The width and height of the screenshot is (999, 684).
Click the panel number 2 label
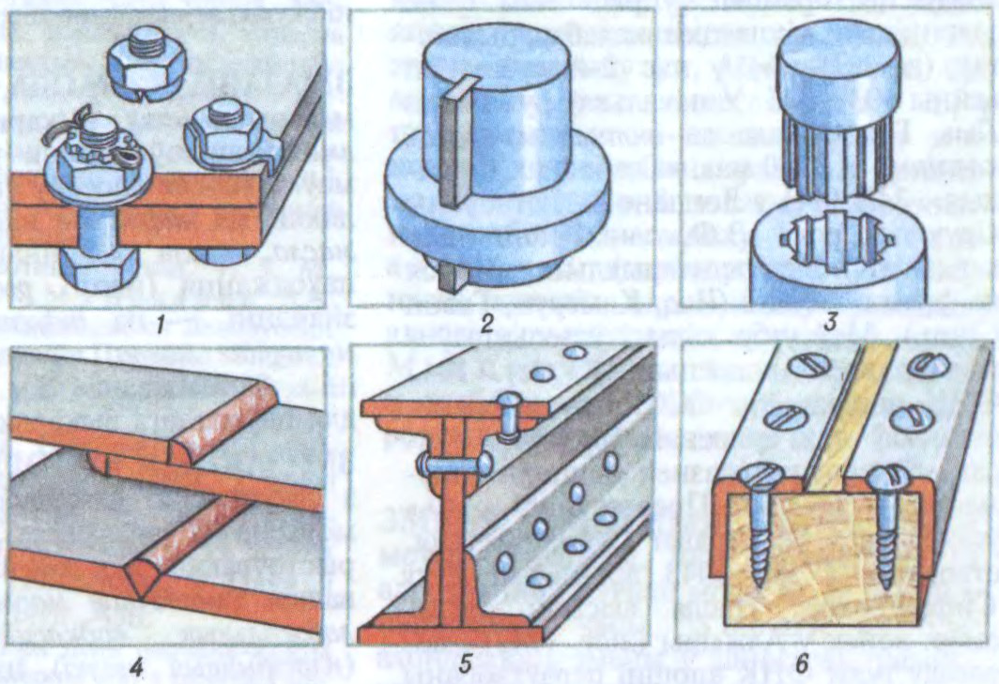click(x=488, y=325)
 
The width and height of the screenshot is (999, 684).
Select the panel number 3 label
click(x=830, y=323)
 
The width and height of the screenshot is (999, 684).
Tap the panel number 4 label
click(x=136, y=667)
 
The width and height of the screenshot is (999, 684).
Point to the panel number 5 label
click(x=465, y=665)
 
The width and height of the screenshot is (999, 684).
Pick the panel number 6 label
click(x=803, y=663)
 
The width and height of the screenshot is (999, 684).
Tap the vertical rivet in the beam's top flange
click(x=510, y=418)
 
